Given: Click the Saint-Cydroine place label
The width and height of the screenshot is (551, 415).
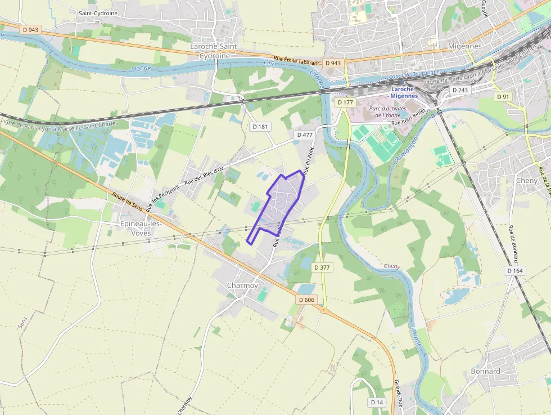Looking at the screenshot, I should pyautogui.click(x=98, y=12).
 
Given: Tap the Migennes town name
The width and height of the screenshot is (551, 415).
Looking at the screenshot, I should pyautogui.click(x=464, y=46).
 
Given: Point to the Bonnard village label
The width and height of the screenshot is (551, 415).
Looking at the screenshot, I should pyautogui.click(x=485, y=371).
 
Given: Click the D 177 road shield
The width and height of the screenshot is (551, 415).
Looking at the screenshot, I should pyautogui.click(x=345, y=102).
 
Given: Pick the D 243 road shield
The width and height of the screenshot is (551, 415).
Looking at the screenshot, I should pyautogui.click(x=460, y=90).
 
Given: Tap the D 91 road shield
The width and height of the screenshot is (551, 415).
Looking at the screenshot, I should pyautogui.click(x=503, y=97).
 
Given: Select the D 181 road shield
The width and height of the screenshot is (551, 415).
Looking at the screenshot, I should pyautogui.click(x=260, y=127).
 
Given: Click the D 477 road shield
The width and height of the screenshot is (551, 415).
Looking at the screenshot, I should pyautogui.click(x=304, y=135).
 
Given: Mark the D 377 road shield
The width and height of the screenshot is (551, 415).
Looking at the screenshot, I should pyautogui.click(x=322, y=267).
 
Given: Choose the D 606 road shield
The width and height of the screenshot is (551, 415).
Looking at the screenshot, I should pyautogui.click(x=306, y=300).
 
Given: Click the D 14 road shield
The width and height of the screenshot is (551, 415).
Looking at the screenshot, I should pyautogui.click(x=377, y=402).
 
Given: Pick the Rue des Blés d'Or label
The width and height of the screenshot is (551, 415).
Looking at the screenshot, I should pyautogui.click(x=204, y=176).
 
